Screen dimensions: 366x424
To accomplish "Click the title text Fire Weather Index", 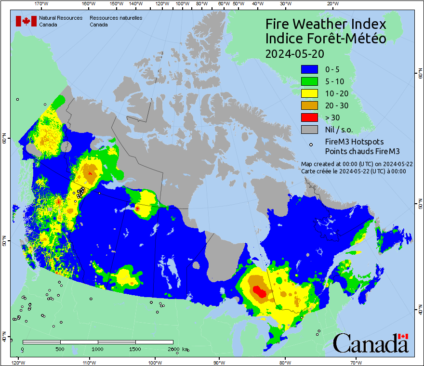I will [326, 24].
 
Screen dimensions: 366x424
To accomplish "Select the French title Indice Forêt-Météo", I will [326, 39].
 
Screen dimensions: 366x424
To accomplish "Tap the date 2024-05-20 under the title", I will [295, 53].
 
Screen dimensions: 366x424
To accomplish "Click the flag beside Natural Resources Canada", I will [26, 21].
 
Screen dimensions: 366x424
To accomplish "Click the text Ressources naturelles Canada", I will [116, 21].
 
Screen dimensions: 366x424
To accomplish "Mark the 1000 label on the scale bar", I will [98, 349].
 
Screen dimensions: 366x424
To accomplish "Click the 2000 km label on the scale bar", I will [178, 349].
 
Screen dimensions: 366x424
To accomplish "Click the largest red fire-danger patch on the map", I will [260, 291].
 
